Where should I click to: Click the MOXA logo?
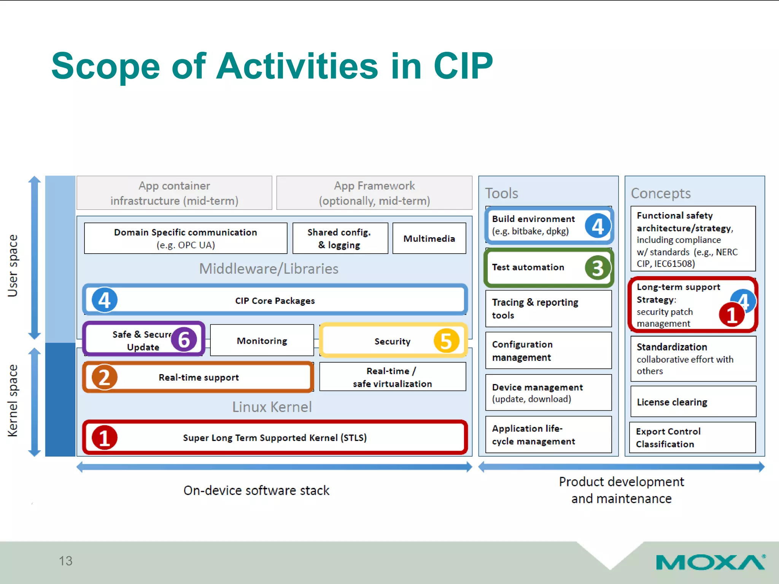point(710,562)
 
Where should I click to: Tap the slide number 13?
point(65,561)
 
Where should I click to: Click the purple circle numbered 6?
point(184,340)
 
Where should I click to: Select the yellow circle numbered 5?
point(446,341)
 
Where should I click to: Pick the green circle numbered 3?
point(598,268)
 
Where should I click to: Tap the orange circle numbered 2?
point(104,377)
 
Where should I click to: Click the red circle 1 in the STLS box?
point(104,438)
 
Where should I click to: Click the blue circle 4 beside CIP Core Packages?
point(104,300)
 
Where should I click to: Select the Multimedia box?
point(429,238)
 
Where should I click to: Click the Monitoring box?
point(262,341)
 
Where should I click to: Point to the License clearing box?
point(693,402)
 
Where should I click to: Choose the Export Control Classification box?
point(693,438)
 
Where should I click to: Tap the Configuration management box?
point(548,351)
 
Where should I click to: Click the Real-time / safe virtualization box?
point(392,377)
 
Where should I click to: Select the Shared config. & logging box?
point(340,238)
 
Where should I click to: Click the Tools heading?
point(501,193)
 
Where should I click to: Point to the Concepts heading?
point(661,193)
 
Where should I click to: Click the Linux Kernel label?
point(272,407)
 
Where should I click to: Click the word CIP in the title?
point(463,66)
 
